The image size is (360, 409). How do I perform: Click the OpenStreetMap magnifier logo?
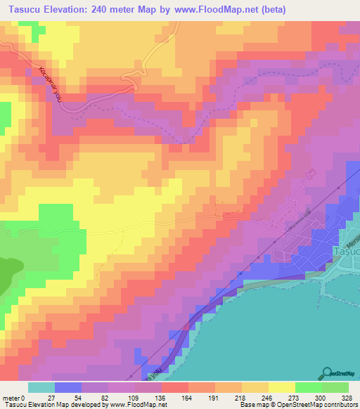coord(327,372)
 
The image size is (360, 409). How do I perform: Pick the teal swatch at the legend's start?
coord(41,387)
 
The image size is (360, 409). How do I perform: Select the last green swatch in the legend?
coord(335,387)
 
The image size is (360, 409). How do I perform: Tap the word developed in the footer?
coord(89,405)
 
